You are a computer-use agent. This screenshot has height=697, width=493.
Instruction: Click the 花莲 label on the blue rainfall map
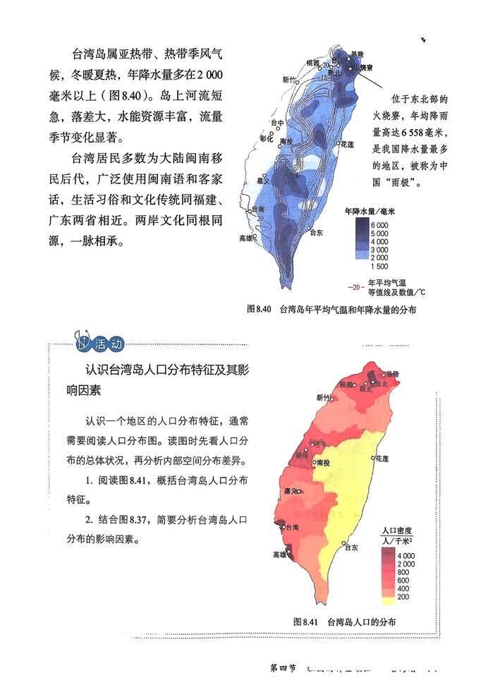(347, 144)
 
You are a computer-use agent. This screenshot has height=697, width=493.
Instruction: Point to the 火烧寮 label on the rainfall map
(363, 68)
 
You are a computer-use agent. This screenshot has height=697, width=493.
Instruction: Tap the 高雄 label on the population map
(279, 554)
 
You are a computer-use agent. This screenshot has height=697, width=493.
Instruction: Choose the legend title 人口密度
(396, 530)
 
